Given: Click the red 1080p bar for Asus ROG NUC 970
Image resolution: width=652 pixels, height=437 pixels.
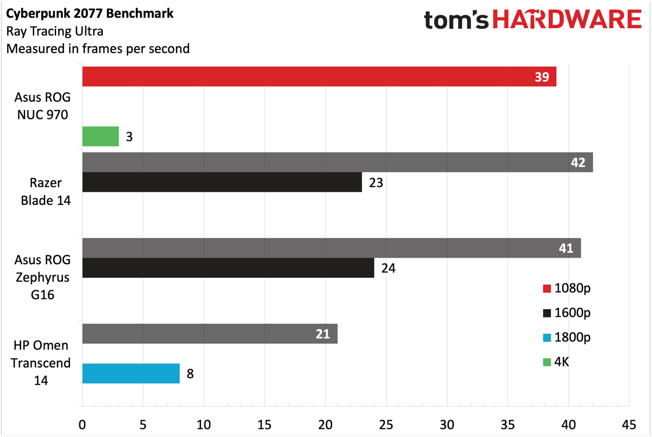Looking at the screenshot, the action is click(319, 77).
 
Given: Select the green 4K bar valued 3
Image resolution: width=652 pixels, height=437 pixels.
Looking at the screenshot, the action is click(101, 136).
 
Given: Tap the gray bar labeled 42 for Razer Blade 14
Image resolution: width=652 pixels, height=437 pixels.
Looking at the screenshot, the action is click(337, 162).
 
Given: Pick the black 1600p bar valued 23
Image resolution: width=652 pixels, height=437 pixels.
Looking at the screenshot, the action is click(222, 182).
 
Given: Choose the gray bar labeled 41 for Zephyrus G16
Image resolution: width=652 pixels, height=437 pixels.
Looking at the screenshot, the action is click(331, 248).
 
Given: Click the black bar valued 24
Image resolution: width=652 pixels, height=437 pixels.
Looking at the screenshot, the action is click(228, 268).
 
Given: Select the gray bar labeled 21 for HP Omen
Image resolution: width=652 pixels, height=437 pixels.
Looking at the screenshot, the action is click(210, 334).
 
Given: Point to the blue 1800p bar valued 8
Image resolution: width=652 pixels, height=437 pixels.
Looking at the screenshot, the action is click(131, 373).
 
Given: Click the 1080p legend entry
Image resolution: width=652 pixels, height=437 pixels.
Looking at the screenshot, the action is click(567, 288).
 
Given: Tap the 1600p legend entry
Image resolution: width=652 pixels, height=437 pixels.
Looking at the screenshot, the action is click(567, 313).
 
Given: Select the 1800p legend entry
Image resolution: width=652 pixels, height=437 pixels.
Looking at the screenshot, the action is click(567, 338).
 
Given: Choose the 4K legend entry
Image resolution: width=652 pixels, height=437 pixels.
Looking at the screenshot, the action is click(556, 362).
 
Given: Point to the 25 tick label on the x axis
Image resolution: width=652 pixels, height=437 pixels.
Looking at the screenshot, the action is click(386, 425).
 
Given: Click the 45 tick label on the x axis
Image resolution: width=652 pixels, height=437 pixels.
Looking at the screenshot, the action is click(629, 425).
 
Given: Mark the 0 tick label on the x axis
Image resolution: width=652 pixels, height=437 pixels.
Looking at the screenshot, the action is click(82, 425).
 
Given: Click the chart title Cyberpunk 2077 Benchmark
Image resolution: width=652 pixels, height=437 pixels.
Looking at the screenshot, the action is click(90, 14).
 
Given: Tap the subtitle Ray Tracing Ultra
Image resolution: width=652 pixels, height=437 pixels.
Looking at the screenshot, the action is click(55, 31).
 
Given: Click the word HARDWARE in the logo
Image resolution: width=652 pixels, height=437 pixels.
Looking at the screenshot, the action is click(567, 19).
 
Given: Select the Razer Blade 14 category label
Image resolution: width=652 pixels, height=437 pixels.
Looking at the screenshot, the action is click(46, 191).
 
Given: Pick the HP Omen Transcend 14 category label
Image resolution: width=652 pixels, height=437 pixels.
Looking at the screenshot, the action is click(41, 363).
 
